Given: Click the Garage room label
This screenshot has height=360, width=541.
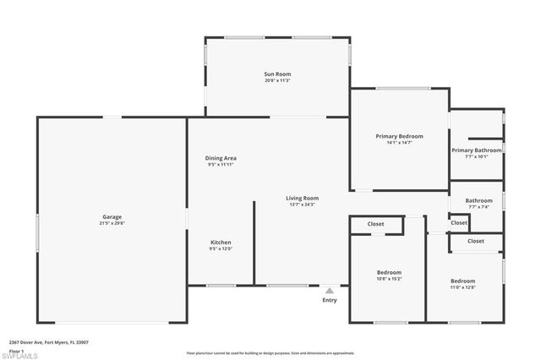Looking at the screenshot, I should pyautogui.click(x=112, y=217).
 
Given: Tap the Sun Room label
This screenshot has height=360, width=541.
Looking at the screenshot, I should pyautogui.click(x=277, y=74).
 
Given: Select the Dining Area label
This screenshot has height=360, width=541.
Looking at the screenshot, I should pyautogui.click(x=221, y=158).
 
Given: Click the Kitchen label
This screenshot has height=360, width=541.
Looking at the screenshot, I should pyautogui.click(x=221, y=242).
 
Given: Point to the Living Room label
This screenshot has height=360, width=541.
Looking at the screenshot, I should pyautogui.click(x=302, y=198).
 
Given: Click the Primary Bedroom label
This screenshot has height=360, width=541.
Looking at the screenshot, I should pyautogui.click(x=399, y=136).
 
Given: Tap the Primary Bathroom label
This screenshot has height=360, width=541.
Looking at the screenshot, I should pyautogui.click(x=476, y=150).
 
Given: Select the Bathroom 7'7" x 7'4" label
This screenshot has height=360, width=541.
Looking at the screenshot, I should pyautogui.click(x=478, y=200).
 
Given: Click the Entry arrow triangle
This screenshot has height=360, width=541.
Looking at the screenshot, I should pyautogui.click(x=330, y=290).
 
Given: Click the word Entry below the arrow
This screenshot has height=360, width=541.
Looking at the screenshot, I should pyautogui.click(x=330, y=300).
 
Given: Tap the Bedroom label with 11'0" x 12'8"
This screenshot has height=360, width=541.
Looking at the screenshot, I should pyautogui.click(x=462, y=281).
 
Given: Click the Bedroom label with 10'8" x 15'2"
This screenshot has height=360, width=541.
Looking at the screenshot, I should pyautogui.click(x=389, y=272).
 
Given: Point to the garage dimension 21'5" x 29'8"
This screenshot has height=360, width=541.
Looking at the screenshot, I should pyautogui.click(x=112, y=224).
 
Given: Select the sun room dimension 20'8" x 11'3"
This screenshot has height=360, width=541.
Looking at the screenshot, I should pyautogui.click(x=277, y=81).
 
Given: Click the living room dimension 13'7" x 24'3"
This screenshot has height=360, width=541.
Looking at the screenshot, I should pyautogui.click(x=302, y=205).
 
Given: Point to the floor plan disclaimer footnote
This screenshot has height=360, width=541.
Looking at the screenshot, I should pyautogui.click(x=270, y=352).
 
